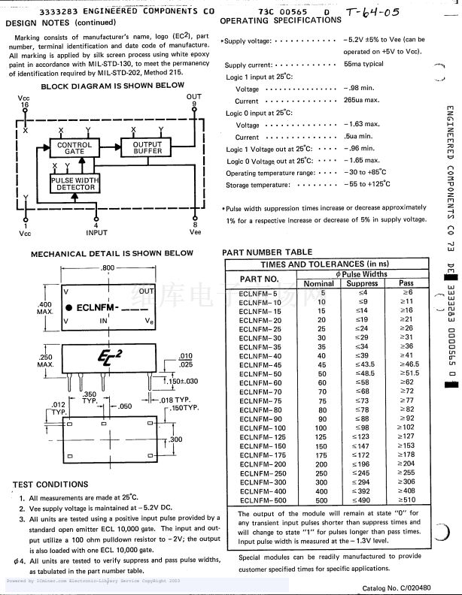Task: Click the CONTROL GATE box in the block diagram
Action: (x=74, y=148)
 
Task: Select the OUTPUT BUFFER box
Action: (x=147, y=148)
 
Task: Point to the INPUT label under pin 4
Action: (x=96, y=233)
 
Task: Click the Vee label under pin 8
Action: (x=195, y=233)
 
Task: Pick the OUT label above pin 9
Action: (x=194, y=97)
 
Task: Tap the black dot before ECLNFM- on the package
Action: (x=68, y=307)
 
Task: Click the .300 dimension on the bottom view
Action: (x=175, y=439)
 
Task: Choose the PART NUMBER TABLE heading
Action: (x=267, y=252)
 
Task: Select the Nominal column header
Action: (x=318, y=283)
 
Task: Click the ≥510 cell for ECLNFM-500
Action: (x=407, y=500)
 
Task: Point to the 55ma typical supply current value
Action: (x=363, y=65)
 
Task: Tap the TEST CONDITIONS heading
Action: (x=50, y=485)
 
